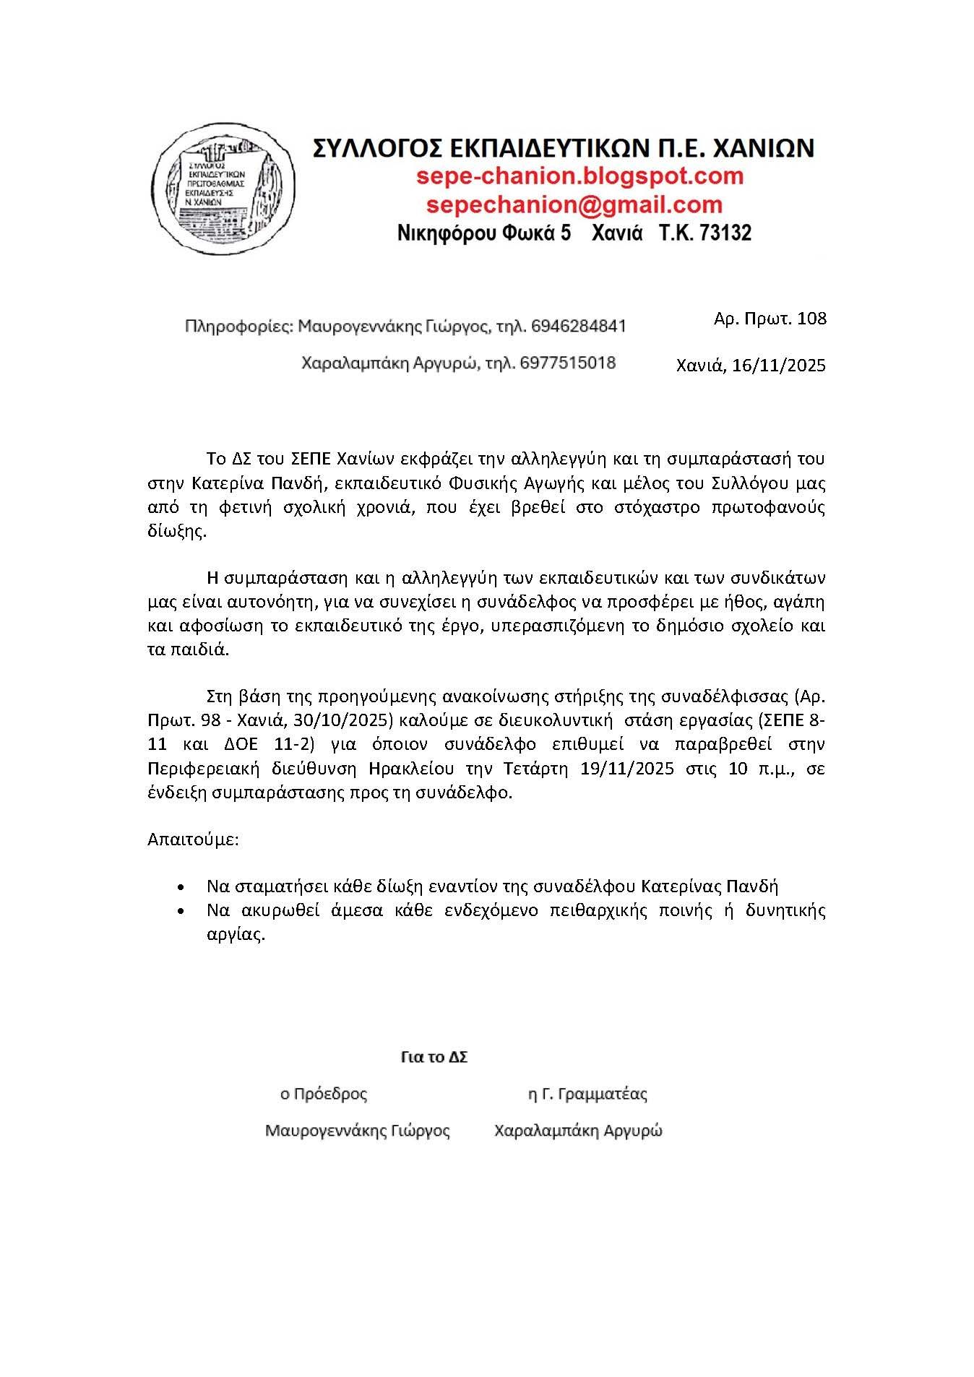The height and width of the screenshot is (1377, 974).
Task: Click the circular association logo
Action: click(215, 188)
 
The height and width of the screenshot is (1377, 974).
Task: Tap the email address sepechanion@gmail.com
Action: click(574, 204)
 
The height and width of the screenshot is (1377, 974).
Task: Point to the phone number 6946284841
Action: click(578, 327)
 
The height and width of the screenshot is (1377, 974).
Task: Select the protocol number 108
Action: click(811, 318)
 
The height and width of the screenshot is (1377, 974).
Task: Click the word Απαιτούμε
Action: click(193, 839)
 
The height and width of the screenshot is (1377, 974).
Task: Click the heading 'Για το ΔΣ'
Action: click(434, 1057)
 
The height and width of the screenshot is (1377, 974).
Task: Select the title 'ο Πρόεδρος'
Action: click(324, 1094)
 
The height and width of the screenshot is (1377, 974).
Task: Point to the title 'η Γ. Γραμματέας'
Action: click(587, 1094)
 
